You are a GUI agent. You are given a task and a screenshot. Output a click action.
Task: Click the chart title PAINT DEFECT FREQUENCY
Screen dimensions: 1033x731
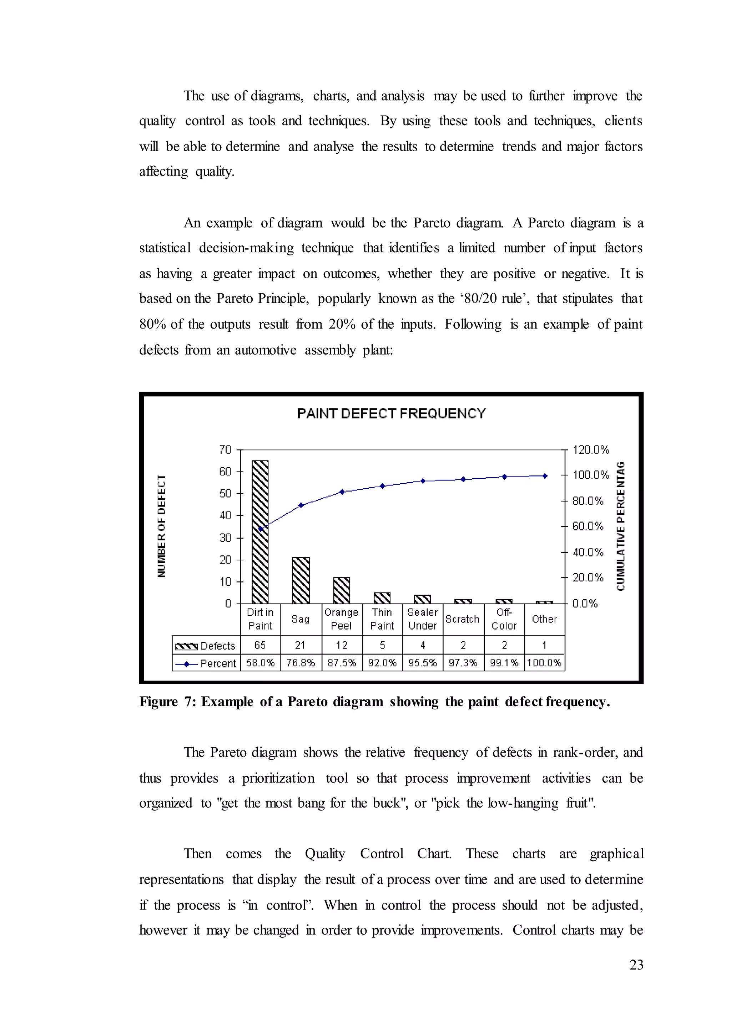pyautogui.click(x=391, y=413)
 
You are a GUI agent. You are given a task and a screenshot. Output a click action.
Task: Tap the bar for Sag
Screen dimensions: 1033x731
pyautogui.click(x=301, y=580)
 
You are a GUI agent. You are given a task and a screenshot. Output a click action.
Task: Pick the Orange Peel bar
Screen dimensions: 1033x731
pyautogui.click(x=342, y=590)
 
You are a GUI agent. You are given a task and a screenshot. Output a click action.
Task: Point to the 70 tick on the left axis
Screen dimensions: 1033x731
pyautogui.click(x=225, y=449)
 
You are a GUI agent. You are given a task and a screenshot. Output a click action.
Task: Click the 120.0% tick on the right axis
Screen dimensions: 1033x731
pyautogui.click(x=591, y=449)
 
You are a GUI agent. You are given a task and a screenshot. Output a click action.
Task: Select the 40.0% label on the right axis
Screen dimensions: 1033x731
pyautogui.click(x=588, y=552)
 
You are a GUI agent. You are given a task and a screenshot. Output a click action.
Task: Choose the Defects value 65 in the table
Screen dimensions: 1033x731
pyautogui.click(x=260, y=645)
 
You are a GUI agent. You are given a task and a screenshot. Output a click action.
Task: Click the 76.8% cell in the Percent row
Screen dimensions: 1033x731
pyautogui.click(x=301, y=663)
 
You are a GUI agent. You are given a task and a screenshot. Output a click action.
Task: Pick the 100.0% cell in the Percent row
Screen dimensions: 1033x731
pyautogui.click(x=544, y=663)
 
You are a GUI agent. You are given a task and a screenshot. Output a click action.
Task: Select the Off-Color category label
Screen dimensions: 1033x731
pyautogui.click(x=504, y=619)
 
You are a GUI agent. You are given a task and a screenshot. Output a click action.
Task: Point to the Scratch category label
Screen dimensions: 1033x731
pyautogui.click(x=462, y=619)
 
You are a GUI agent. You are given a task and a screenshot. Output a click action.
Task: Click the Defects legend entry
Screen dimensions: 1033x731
pyautogui.click(x=206, y=646)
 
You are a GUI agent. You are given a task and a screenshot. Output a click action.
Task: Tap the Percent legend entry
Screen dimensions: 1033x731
pyautogui.click(x=206, y=663)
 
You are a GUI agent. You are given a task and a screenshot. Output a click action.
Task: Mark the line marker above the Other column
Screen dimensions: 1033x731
pyautogui.click(x=545, y=475)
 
